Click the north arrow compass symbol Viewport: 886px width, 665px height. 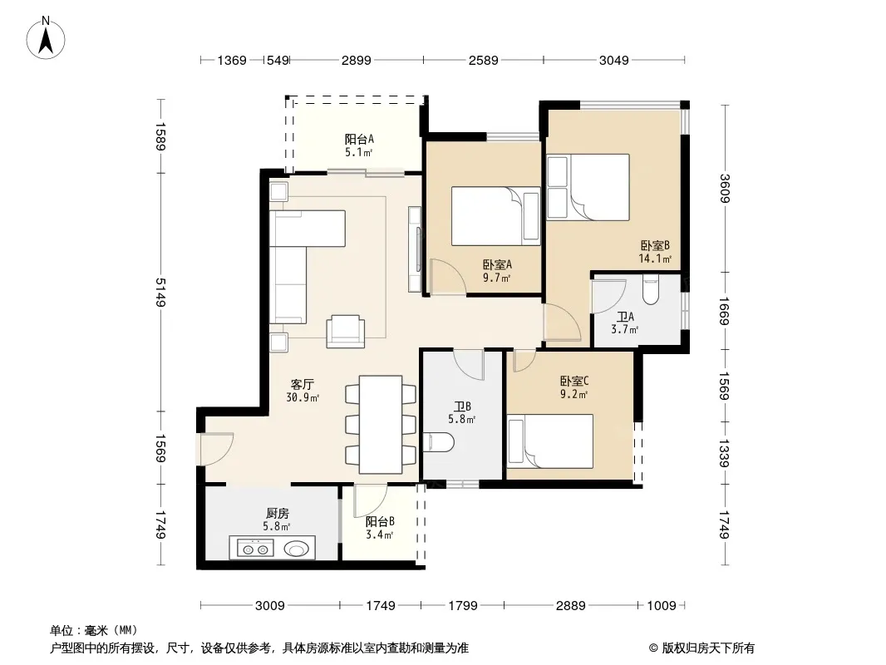pyautogui.click(x=46, y=38)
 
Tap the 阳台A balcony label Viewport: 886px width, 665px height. pyautogui.click(x=359, y=145)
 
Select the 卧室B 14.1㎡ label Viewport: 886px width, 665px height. pyautogui.click(x=655, y=252)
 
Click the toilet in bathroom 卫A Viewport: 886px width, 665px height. pyautogui.click(x=651, y=290)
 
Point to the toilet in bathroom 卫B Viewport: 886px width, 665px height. pyautogui.click(x=439, y=443)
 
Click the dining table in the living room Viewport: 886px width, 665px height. pyautogui.click(x=381, y=424)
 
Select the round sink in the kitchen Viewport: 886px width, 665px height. pyautogui.click(x=297, y=549)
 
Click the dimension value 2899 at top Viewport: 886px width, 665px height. pyautogui.click(x=357, y=60)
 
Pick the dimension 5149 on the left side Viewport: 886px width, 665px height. pyautogui.click(x=161, y=292)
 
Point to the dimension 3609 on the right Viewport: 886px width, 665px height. pyautogui.click(x=725, y=188)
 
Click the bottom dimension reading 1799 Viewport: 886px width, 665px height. pyautogui.click(x=463, y=606)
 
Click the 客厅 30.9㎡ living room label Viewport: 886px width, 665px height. pyautogui.click(x=303, y=391)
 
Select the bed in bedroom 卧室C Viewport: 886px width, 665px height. pyautogui.click(x=549, y=441)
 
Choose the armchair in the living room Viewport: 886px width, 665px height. pyautogui.click(x=345, y=331)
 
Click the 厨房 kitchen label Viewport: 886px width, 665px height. pyautogui.click(x=277, y=520)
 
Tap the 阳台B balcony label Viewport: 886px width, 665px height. pyautogui.click(x=380, y=528)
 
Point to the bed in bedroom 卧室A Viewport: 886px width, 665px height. pyautogui.click(x=495, y=216)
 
